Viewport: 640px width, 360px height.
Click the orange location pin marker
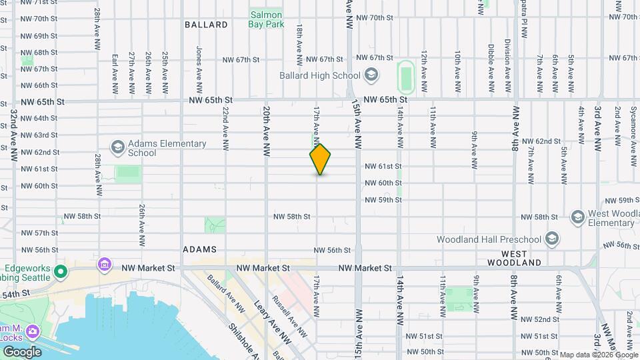click(x=321, y=159)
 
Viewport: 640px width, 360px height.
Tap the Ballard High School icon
click(x=371, y=75)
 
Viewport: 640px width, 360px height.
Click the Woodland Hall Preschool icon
click(x=552, y=239)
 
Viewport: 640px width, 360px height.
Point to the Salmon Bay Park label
click(x=266, y=19)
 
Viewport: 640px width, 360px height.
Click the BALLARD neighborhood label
click(x=206, y=25)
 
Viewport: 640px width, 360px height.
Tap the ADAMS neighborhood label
click(x=200, y=249)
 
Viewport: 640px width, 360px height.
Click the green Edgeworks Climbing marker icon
click(x=61, y=271)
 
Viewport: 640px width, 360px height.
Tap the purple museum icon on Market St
click(x=104, y=265)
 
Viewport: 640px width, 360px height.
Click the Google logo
click(x=22, y=352)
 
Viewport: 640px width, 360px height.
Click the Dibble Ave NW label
click(x=491, y=69)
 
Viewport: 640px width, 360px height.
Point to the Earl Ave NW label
click(x=115, y=73)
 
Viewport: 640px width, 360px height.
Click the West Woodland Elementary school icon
click(x=577, y=217)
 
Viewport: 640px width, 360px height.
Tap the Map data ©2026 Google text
click(x=599, y=354)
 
